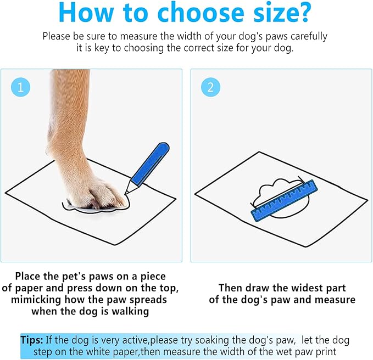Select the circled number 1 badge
(20, 87)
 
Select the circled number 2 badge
(210, 87)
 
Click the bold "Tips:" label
(32, 340)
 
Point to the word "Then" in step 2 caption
(231, 288)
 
